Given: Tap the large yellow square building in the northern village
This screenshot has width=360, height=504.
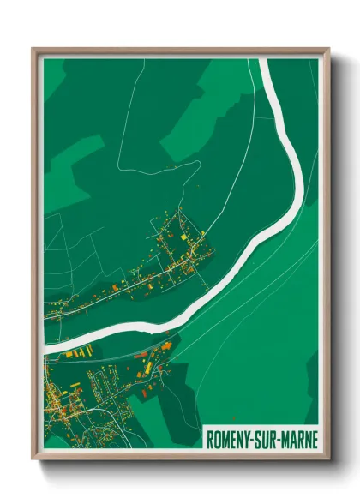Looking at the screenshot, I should pyautogui.click(x=183, y=235).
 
